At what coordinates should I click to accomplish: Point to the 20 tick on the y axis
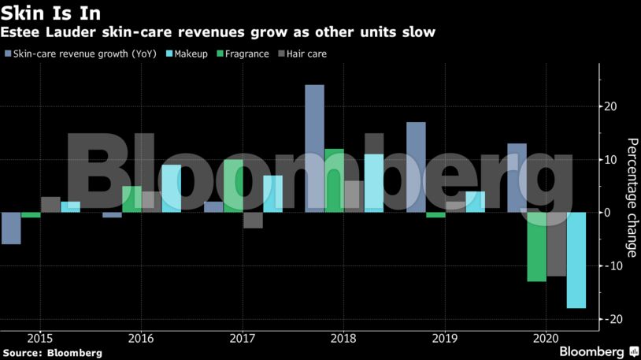pos(611,106)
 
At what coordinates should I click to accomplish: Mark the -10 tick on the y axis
pos(610,265)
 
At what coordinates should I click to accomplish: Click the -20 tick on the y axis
pos(610,319)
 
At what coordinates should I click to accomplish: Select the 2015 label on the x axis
pos(39,337)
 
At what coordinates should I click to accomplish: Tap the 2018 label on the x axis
pos(343,337)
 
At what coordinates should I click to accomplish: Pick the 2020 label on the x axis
pos(546,337)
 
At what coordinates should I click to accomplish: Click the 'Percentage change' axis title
pos(632,197)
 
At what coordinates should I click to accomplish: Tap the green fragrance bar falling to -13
pos(536,247)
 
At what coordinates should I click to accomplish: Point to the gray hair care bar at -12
pos(556,244)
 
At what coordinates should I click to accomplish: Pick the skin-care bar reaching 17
pos(416,167)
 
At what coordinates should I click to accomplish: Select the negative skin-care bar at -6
pos(11,228)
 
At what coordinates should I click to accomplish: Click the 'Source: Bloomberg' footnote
pos(53,353)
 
